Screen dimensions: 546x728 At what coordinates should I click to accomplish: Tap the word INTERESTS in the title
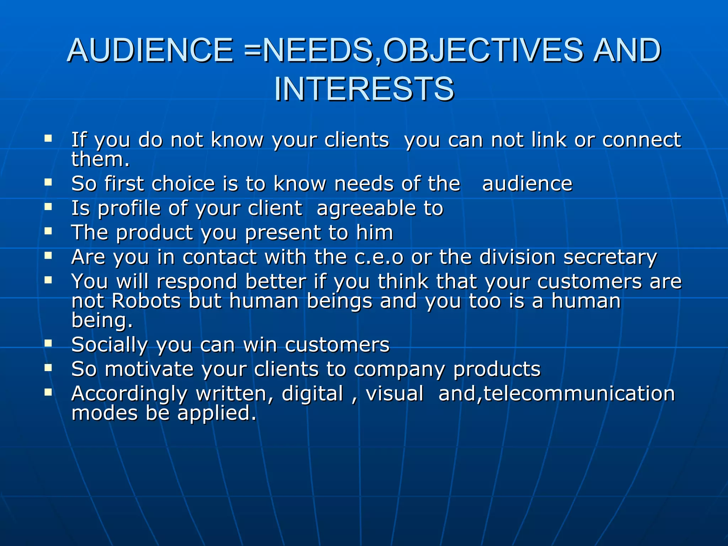(364, 89)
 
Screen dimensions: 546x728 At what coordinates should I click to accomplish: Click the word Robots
(146, 301)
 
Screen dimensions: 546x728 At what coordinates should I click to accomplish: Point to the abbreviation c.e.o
(379, 257)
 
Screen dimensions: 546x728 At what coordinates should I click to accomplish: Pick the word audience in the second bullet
(527, 184)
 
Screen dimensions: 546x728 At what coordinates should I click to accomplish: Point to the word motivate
(149, 369)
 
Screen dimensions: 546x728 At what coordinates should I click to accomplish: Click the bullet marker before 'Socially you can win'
(48, 343)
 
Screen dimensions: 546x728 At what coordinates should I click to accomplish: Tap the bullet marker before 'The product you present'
(48, 231)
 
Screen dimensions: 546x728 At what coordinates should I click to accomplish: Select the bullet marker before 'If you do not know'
(48, 138)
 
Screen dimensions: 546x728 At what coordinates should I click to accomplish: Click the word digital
(312, 394)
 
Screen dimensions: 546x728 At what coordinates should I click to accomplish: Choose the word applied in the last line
(216, 414)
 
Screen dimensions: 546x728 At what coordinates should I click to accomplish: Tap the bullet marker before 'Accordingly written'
(48, 392)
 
